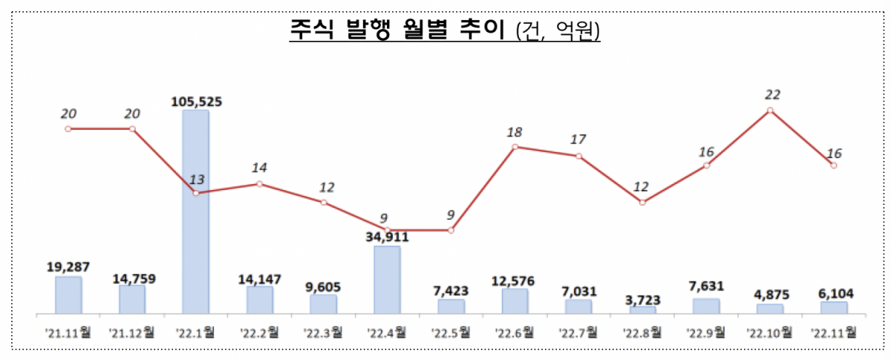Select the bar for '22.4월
coord(387,280)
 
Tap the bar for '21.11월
coord(68,295)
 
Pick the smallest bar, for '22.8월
coord(642,310)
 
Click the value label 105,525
coord(196,101)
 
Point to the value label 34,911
coord(386,238)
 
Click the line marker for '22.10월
coord(771,111)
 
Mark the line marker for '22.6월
coord(515,147)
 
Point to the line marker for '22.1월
coord(196,193)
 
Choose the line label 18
coord(515,132)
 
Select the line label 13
coord(196,179)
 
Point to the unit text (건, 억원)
coord(558,33)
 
